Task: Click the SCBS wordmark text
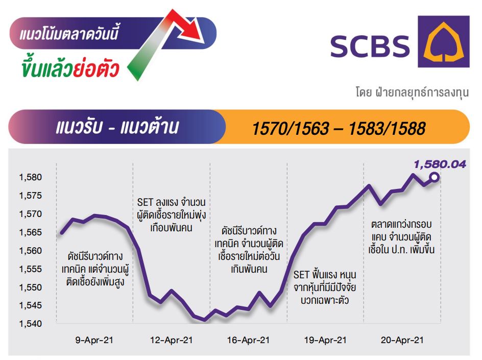(370, 46)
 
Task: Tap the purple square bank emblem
(444, 41)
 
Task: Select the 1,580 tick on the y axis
(31, 177)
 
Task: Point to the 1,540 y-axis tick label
(31, 323)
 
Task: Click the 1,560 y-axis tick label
(31, 251)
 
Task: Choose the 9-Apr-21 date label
(94, 340)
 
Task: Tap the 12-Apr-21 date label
(171, 340)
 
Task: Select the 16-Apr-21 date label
(248, 340)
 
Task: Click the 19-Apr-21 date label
(325, 340)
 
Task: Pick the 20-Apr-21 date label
(402, 340)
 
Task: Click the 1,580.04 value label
(440, 164)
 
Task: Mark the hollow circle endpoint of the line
(435, 177)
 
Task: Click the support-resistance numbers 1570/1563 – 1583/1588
(339, 128)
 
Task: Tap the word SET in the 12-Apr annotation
(145, 202)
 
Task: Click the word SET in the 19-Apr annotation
(301, 274)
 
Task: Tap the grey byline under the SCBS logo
(412, 92)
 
